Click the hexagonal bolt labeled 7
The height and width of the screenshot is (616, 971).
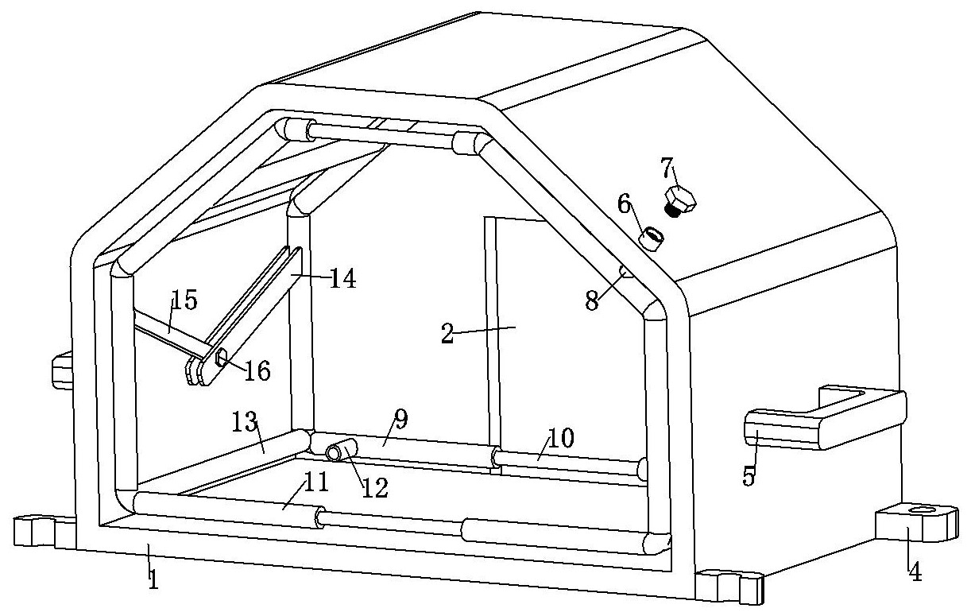click(679, 201)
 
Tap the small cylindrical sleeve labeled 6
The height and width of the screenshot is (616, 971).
click(652, 238)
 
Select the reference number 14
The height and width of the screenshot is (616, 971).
click(343, 278)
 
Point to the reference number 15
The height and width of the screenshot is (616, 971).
click(184, 299)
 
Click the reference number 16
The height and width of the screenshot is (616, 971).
click(257, 370)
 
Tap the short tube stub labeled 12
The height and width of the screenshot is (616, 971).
click(341, 450)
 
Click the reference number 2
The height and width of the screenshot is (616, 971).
click(447, 334)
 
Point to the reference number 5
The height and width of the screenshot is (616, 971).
click(749, 475)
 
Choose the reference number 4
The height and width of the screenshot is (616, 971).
click(915, 571)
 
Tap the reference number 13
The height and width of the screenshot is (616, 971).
click(245, 422)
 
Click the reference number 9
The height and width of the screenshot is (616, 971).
click(401, 419)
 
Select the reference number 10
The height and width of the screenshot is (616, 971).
click(561, 438)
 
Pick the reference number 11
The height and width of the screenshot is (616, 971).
click(316, 482)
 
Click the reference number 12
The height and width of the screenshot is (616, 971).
click(375, 489)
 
